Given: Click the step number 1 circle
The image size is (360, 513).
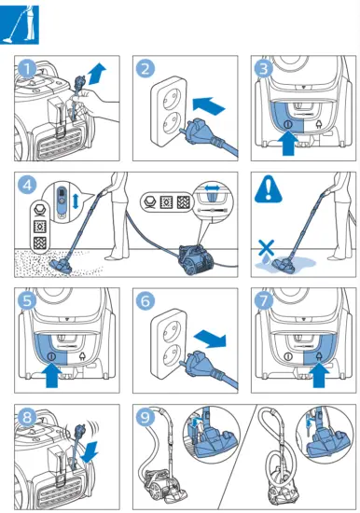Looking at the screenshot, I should click(x=29, y=68).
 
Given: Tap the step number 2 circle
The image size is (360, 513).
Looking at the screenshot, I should click(x=145, y=68).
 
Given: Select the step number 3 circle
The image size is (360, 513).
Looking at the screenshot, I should click(x=265, y=68).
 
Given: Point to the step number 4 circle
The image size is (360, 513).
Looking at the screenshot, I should click(x=29, y=185).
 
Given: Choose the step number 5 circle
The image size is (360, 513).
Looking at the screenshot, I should click(x=29, y=300).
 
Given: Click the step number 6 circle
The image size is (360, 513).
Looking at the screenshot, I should click(x=145, y=300).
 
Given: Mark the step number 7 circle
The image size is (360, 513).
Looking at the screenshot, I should click(x=265, y=300).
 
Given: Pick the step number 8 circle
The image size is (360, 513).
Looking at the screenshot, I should click(x=29, y=416).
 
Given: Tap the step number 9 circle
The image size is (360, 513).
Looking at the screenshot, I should click(x=145, y=416).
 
